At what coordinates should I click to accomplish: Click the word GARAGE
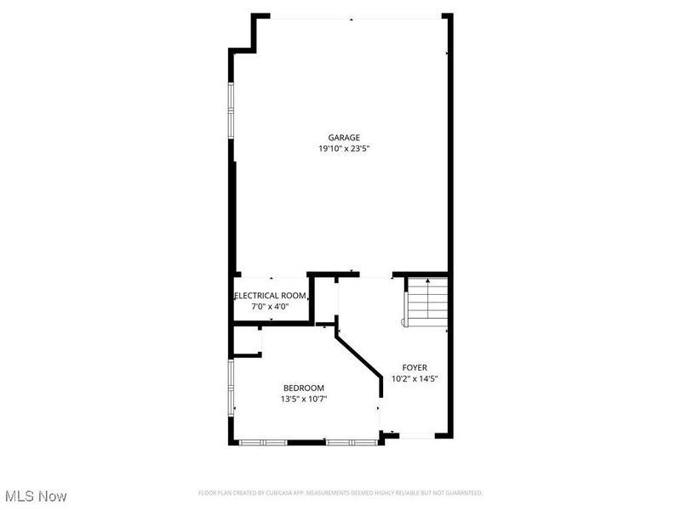345,138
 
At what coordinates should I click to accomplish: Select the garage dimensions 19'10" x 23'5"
345,149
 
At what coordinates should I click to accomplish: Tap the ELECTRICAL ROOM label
271,296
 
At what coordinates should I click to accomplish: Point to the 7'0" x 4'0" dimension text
270,306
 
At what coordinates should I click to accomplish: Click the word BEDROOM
304,388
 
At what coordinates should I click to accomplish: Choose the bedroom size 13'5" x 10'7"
304,399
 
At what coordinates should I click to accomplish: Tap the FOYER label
415,368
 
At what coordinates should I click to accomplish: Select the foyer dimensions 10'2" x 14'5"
415,379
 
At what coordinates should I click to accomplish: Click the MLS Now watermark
36,496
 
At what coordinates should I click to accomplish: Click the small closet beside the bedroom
247,341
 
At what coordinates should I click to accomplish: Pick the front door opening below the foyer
416,436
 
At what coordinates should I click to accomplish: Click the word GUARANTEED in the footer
461,493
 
